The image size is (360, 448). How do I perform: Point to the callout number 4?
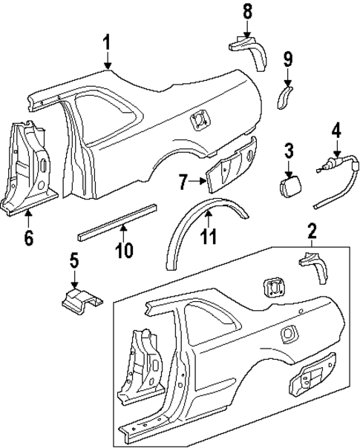coord(336,131)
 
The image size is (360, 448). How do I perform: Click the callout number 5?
coord(73,260)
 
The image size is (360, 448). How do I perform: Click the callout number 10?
coord(124,250)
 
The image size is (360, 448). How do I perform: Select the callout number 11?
coord(209,238)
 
